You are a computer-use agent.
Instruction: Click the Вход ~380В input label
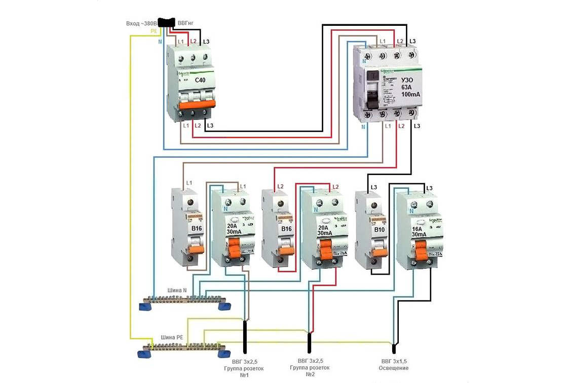[141, 23]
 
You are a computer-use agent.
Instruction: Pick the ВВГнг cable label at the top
[185, 23]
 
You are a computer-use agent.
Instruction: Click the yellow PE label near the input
[154, 31]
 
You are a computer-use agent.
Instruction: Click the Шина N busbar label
[177, 290]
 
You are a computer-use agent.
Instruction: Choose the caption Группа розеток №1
[244, 368]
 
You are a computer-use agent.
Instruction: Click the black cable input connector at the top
[166, 22]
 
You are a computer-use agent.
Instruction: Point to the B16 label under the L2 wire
[286, 229]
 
